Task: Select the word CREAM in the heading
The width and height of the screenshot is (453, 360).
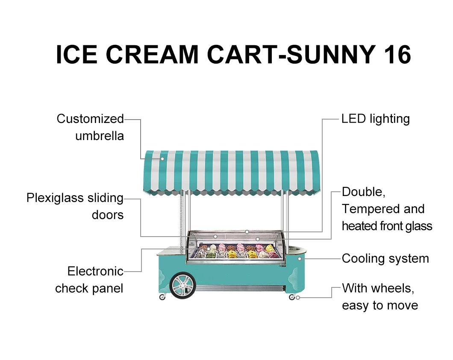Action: coord(150,55)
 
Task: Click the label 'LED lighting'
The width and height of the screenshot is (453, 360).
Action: coord(375,119)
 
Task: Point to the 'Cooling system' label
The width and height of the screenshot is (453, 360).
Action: coord(385,258)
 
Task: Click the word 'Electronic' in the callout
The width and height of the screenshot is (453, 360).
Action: coord(95,271)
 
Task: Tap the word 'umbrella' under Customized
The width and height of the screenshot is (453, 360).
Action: coord(100,136)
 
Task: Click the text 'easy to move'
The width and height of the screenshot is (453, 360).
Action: coord(379,305)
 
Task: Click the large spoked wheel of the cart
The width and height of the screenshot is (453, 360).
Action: coord(183,286)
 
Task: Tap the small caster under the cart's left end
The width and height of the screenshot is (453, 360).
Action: coord(162,297)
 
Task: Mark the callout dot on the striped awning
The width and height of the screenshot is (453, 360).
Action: coord(162,159)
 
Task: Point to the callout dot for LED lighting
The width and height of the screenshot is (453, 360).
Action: coord(247,232)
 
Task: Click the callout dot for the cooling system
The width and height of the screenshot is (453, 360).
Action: coord(300,259)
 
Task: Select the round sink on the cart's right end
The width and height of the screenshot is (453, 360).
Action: coord(296,248)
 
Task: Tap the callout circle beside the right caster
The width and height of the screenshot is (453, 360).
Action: coord(298,298)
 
